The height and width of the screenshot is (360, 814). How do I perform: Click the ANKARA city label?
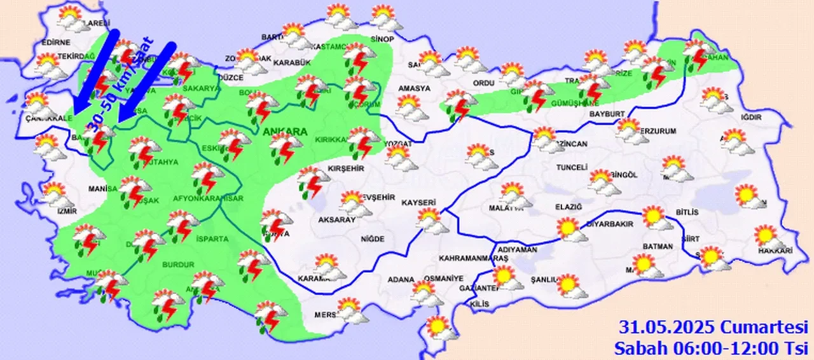click(x=284, y=132)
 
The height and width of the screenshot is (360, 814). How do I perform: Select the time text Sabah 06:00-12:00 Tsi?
click(x=711, y=347)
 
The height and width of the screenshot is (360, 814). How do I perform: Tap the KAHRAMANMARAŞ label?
click(x=473, y=259)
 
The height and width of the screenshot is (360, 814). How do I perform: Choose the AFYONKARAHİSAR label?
click(x=208, y=198)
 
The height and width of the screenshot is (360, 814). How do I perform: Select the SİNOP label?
click(x=383, y=39)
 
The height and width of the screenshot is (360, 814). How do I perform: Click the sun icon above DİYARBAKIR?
click(x=569, y=230)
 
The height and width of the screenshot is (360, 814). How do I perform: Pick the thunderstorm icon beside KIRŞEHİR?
click(x=312, y=181)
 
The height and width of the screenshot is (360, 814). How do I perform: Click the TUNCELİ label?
click(x=570, y=167)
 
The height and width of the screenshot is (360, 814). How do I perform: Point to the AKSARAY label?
click(x=336, y=219)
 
